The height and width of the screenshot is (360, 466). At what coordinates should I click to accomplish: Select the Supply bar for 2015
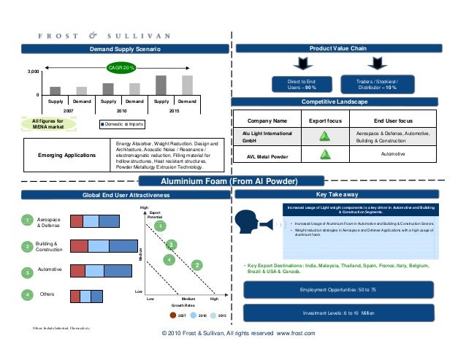coord(161,85)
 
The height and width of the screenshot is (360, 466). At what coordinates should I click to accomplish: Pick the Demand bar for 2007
coord(81,91)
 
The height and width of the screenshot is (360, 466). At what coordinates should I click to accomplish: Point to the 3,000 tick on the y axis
coord(33,72)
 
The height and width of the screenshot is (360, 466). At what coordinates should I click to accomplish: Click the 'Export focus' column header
coord(322,120)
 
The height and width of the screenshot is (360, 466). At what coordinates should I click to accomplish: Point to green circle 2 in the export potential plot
coord(196,264)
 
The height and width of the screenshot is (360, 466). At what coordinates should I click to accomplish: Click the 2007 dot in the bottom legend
coord(173,315)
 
